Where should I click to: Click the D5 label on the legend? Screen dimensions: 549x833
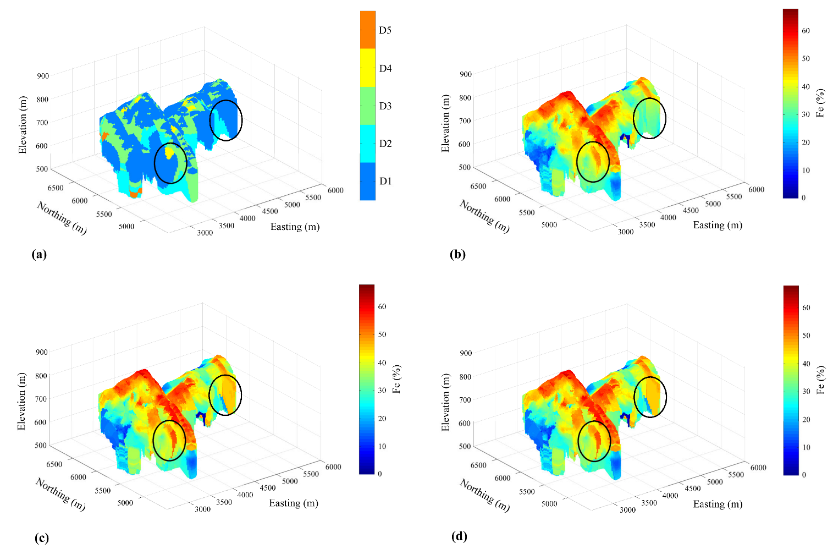point(385,30)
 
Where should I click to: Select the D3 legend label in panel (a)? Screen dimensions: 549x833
point(385,106)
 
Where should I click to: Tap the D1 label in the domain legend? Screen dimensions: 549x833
point(385,181)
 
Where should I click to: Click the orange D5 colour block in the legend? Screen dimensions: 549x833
point(368,30)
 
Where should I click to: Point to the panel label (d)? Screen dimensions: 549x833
point(459,536)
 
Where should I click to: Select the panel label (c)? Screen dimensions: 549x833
point(41,537)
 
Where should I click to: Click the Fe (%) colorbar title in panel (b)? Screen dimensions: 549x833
point(820,103)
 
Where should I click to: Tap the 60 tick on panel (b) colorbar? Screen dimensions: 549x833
point(806,31)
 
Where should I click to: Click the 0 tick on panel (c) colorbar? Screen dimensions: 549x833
point(379,474)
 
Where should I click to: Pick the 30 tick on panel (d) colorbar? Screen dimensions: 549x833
point(806,391)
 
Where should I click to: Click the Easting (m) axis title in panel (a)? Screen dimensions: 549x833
point(295,227)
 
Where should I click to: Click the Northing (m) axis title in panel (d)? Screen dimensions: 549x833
point(484,495)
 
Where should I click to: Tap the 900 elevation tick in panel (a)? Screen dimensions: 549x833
point(43,76)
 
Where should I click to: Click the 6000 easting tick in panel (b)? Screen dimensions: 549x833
point(756,189)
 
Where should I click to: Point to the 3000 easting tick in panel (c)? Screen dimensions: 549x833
point(202,509)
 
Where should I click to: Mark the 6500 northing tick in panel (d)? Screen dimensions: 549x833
point(478,465)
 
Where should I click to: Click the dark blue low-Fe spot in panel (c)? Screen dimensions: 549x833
point(205,419)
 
